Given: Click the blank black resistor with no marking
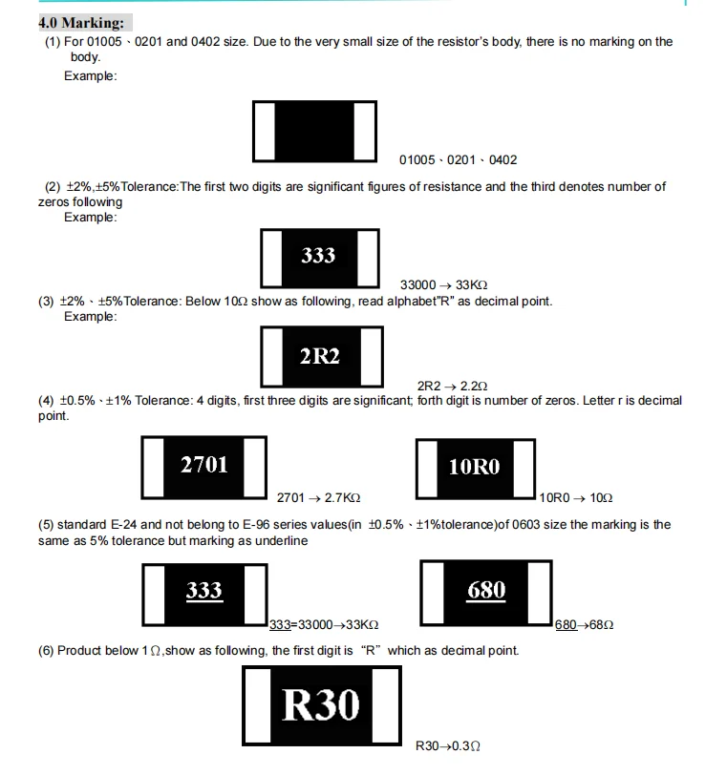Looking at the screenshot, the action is click(314, 130).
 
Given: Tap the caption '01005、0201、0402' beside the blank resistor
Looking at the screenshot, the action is click(458, 160).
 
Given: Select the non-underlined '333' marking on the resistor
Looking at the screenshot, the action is click(318, 255).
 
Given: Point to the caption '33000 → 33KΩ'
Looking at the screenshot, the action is click(443, 285).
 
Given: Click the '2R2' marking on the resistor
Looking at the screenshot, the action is click(319, 356).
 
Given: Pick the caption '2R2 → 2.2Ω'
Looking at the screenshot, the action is click(452, 386).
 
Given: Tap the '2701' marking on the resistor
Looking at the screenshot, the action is click(204, 464).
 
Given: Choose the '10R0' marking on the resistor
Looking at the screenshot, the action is click(474, 467).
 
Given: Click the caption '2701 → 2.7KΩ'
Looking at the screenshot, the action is click(318, 497).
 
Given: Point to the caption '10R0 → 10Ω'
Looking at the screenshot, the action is click(576, 497).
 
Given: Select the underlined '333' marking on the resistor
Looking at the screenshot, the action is click(203, 591).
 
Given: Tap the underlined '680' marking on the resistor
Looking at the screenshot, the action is click(486, 591).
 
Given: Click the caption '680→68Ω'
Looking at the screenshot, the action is click(584, 624).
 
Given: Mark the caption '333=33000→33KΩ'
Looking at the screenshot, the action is click(324, 624).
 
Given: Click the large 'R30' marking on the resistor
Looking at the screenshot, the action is click(321, 704).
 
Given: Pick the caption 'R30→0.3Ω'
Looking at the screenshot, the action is click(447, 745).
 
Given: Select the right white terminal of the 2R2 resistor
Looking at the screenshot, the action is click(372, 355).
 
